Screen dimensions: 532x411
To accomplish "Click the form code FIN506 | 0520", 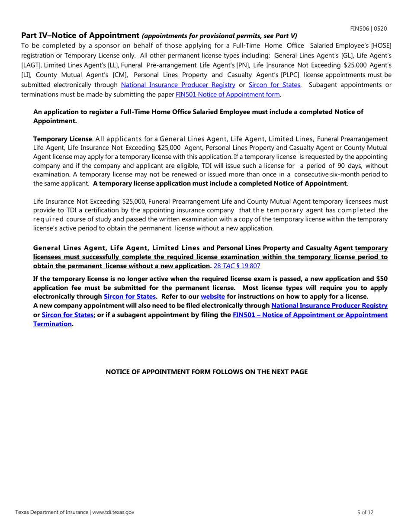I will point(368,29).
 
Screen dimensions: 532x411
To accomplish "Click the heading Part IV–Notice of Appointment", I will point(80,35).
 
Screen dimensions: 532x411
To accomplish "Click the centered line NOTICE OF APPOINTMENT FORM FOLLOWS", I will point(207,372).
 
